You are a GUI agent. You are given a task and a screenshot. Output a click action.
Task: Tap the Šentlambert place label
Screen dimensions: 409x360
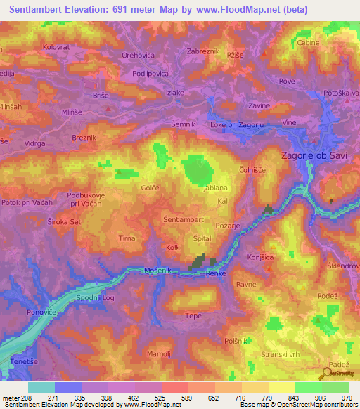(x=184, y=219)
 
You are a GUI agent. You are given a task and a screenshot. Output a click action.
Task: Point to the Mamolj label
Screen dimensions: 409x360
(x=160, y=353)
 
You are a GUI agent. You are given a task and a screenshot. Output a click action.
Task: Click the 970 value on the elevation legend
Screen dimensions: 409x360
(x=347, y=397)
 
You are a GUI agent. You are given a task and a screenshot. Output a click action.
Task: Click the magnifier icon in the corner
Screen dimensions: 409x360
(x=328, y=372)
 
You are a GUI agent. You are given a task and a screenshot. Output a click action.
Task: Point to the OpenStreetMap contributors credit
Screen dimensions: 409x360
(x=319, y=405)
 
